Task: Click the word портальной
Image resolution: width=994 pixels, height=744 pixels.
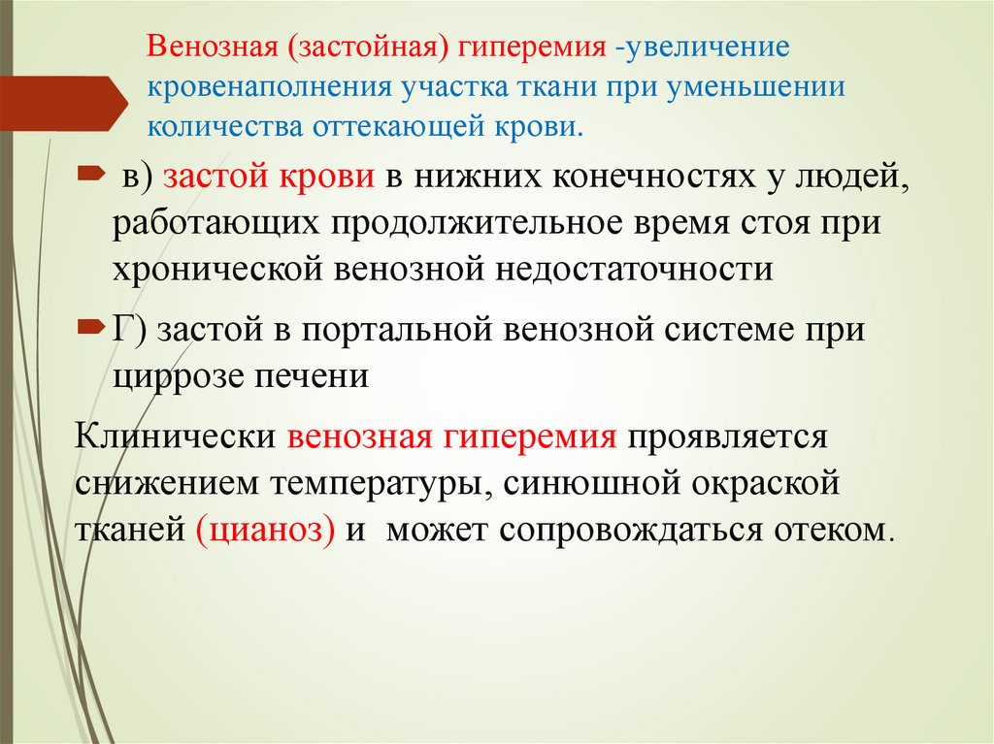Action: pos(399,330)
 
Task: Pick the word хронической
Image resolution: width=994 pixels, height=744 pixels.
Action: pos(215,268)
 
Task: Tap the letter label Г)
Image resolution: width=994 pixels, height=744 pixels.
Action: pos(133,330)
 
